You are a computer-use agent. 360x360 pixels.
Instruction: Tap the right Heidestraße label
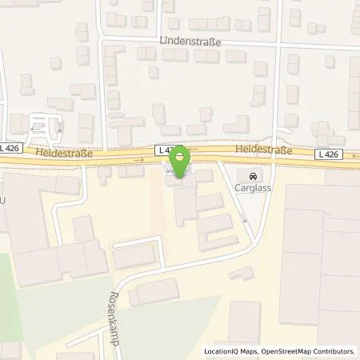click(264, 150)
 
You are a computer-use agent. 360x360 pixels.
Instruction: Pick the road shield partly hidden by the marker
click(165, 150)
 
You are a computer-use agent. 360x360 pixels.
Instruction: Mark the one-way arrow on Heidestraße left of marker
click(142, 160)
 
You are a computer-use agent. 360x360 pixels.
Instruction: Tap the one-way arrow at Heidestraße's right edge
click(354, 156)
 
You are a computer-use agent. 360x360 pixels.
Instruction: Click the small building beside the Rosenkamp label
click(144, 294)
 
